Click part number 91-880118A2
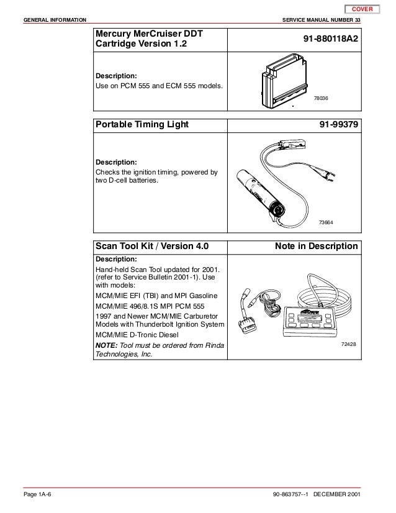coord(330,39)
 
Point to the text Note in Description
coord(316,246)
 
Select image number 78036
coord(321,98)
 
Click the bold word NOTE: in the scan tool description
coord(105,344)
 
